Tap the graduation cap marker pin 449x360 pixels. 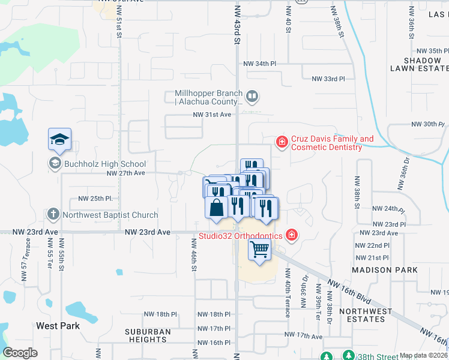(x=59, y=140)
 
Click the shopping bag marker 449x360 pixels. (x=216, y=208)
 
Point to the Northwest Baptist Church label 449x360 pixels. (x=110, y=215)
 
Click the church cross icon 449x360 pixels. (x=53, y=214)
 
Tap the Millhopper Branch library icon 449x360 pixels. (x=253, y=95)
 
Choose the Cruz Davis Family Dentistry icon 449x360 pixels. (x=281, y=142)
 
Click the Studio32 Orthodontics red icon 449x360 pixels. (x=292, y=235)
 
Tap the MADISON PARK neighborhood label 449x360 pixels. (x=384, y=270)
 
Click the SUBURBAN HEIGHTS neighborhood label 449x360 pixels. (x=148, y=335)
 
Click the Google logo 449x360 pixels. (x=20, y=353)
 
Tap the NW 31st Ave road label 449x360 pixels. (x=212, y=115)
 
